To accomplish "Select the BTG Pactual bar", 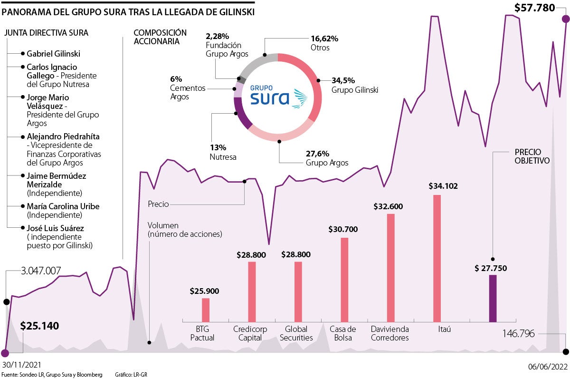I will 206,310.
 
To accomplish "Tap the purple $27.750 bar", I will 493,298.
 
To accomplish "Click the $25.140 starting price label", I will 40,326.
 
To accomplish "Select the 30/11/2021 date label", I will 21,365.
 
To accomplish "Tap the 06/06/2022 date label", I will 547,366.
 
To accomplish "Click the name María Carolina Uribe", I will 63,206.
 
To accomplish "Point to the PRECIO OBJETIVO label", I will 532,156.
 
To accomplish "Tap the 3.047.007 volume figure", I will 41,271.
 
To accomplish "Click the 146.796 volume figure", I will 519,334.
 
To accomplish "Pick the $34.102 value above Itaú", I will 443,186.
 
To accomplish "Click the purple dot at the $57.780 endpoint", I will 565,19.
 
